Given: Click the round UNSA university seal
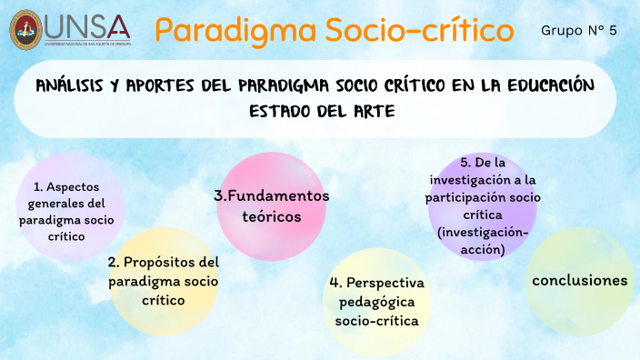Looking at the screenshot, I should click(25, 29).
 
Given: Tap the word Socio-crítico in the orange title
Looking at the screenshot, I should click(408, 30).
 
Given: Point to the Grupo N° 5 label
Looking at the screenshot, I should click(578, 31).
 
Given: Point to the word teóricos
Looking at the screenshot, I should click(271, 216).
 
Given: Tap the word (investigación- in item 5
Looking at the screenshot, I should click(481, 233).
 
